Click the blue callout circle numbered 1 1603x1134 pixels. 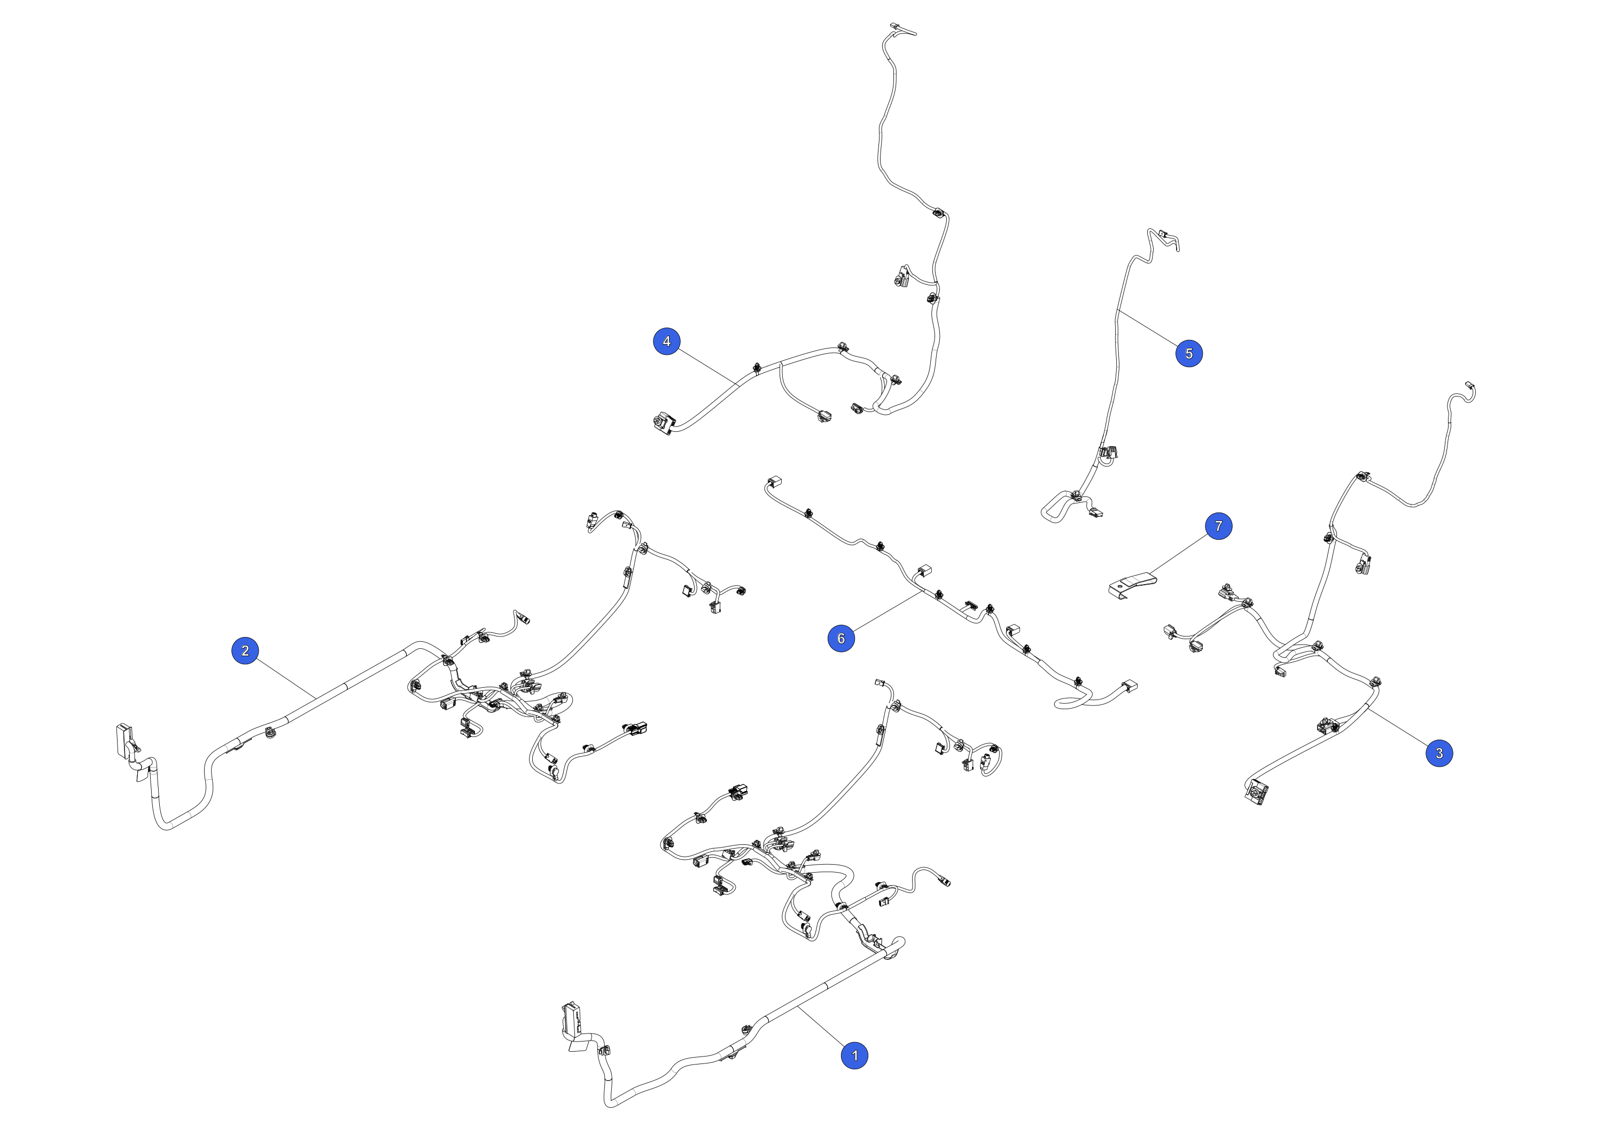(x=854, y=1055)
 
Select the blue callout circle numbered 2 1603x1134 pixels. (x=245, y=651)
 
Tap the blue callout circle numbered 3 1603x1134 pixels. (x=1439, y=753)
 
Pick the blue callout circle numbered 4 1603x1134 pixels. (x=667, y=341)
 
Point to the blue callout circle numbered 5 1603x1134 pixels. (x=1189, y=353)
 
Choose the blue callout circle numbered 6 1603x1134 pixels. (x=841, y=638)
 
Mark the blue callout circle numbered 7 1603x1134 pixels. (x=1218, y=526)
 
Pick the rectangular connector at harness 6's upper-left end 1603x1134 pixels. (x=774, y=482)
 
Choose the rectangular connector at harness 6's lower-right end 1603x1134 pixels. (x=1129, y=687)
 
